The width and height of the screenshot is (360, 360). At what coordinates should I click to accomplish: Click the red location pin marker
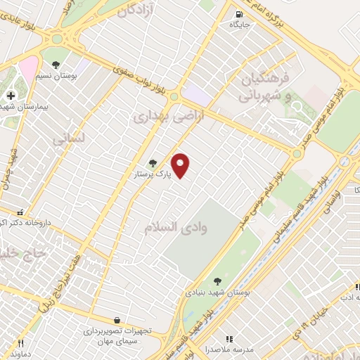(x=181, y=165)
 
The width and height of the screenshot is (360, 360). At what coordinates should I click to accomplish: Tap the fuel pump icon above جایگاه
(x=240, y=13)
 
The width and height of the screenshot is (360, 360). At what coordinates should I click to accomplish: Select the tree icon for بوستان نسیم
(x=55, y=65)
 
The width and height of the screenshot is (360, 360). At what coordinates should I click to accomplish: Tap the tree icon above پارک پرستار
(x=153, y=163)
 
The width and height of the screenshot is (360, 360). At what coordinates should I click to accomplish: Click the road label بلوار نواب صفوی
(x=141, y=79)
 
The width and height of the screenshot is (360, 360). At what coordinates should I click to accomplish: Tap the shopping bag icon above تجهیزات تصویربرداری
(x=116, y=321)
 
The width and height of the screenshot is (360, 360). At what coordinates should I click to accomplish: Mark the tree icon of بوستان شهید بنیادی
(x=215, y=281)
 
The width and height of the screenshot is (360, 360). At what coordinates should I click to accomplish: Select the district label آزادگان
(x=141, y=11)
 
